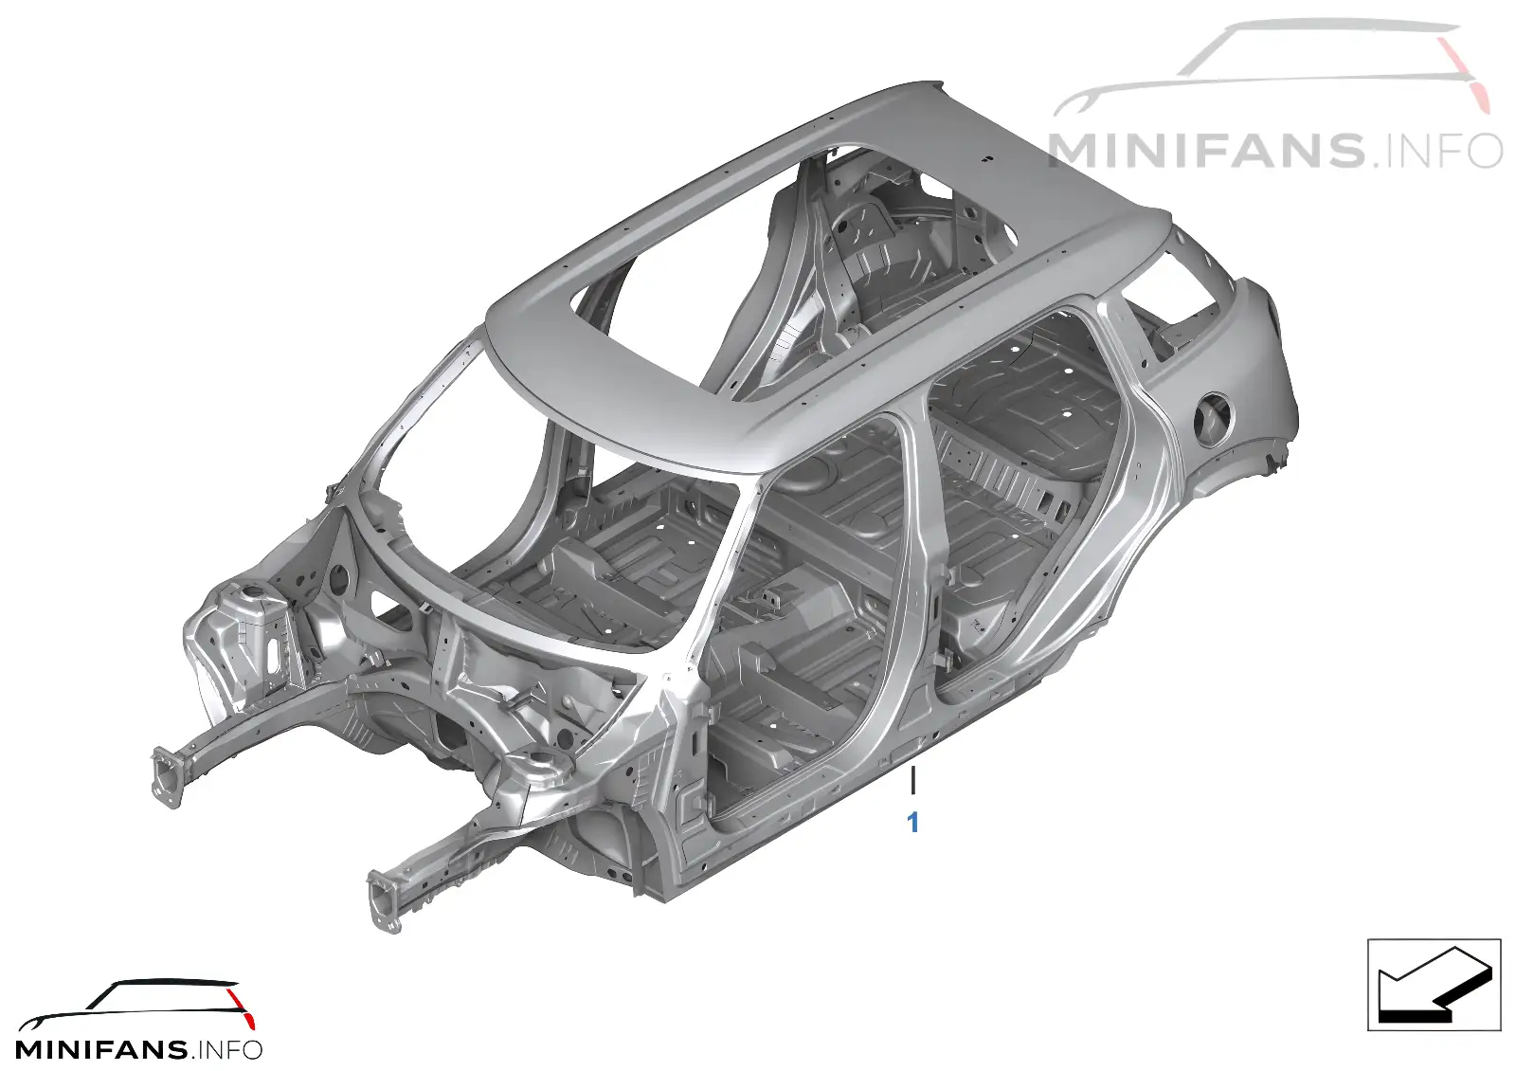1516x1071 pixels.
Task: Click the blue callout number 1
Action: point(913,824)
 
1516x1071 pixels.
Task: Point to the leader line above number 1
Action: point(913,781)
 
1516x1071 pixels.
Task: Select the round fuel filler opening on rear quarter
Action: point(1214,421)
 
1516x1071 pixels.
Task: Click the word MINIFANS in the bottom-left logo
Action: point(101,1050)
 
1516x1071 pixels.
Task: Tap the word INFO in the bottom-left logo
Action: point(228,1050)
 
